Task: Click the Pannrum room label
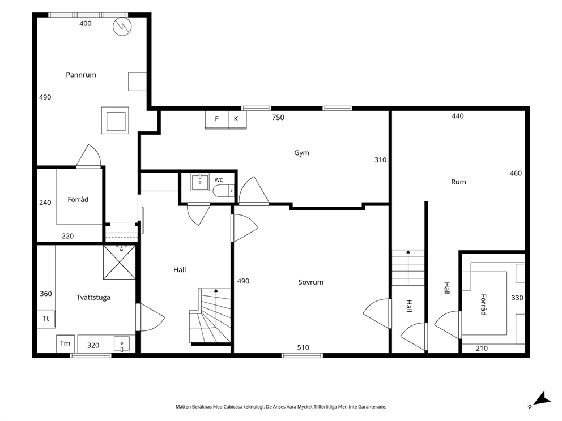tap(81, 75)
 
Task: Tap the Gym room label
tap(302, 153)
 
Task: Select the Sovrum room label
tap(311, 282)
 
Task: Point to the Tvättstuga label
tap(93, 298)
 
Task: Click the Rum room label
tap(458, 182)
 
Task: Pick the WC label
tap(219, 180)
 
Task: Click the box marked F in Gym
tap(216, 119)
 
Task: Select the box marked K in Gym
tap(237, 119)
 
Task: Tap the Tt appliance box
tap(46, 319)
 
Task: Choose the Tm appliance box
tap(65, 343)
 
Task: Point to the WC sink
tap(199, 182)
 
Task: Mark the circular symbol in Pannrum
tap(122, 26)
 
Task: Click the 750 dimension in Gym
tap(278, 118)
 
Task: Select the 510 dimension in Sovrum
tap(303, 347)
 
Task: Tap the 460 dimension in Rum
tap(516, 173)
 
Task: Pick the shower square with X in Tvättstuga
tap(120, 263)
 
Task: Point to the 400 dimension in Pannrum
tap(86, 24)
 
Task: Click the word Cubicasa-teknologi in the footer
tap(244, 407)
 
